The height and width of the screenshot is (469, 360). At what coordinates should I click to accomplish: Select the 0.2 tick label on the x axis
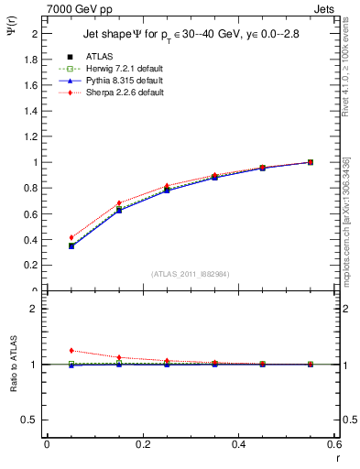(x=143, y=444)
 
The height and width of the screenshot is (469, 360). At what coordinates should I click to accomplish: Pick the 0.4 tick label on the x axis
(x=239, y=444)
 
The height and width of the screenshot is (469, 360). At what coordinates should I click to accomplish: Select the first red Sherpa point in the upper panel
(x=71, y=237)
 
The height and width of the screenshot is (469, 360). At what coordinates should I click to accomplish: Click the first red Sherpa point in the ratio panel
(x=71, y=350)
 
